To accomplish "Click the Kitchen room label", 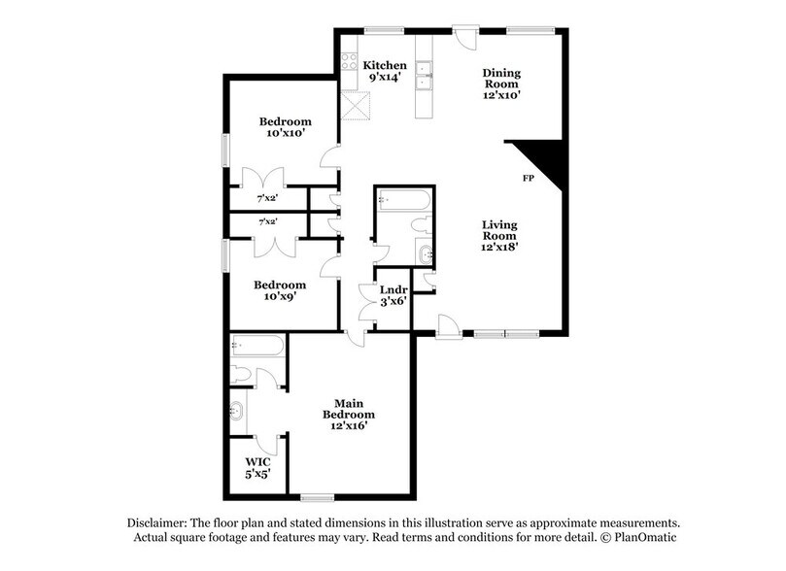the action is pos(385,66).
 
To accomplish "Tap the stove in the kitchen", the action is pos(349,62).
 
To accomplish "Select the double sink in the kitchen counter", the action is pos(424,75).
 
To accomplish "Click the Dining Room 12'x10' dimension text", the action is pos(501,95).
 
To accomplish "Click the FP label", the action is pos(529,178).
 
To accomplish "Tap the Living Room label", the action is pos(499,230).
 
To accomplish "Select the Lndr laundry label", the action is pos(393,290).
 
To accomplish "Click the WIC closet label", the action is pos(258,462).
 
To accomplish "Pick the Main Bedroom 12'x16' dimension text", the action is pos(350,425).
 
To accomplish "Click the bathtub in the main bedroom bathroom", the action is pos(257,346).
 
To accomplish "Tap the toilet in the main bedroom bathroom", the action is pos(240,375).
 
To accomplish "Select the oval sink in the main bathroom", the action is pos(237,411).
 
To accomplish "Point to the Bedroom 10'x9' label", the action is pos(280,290).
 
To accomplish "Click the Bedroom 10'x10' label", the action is pos(286,127).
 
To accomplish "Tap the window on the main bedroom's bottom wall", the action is pos(318,497).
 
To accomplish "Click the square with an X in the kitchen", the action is pos(356,106).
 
